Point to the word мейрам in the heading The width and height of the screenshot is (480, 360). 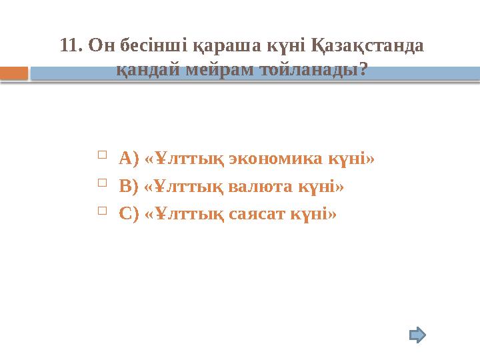point(218,69)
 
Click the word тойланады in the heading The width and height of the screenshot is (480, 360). point(309,69)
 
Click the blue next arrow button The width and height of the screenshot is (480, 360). point(417,334)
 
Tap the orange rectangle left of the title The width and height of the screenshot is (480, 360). point(14,73)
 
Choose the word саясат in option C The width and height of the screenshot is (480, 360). point(251,215)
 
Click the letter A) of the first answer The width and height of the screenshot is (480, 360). point(129,159)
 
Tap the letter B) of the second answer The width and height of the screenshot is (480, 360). point(129,187)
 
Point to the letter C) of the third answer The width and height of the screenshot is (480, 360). point(129,215)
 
